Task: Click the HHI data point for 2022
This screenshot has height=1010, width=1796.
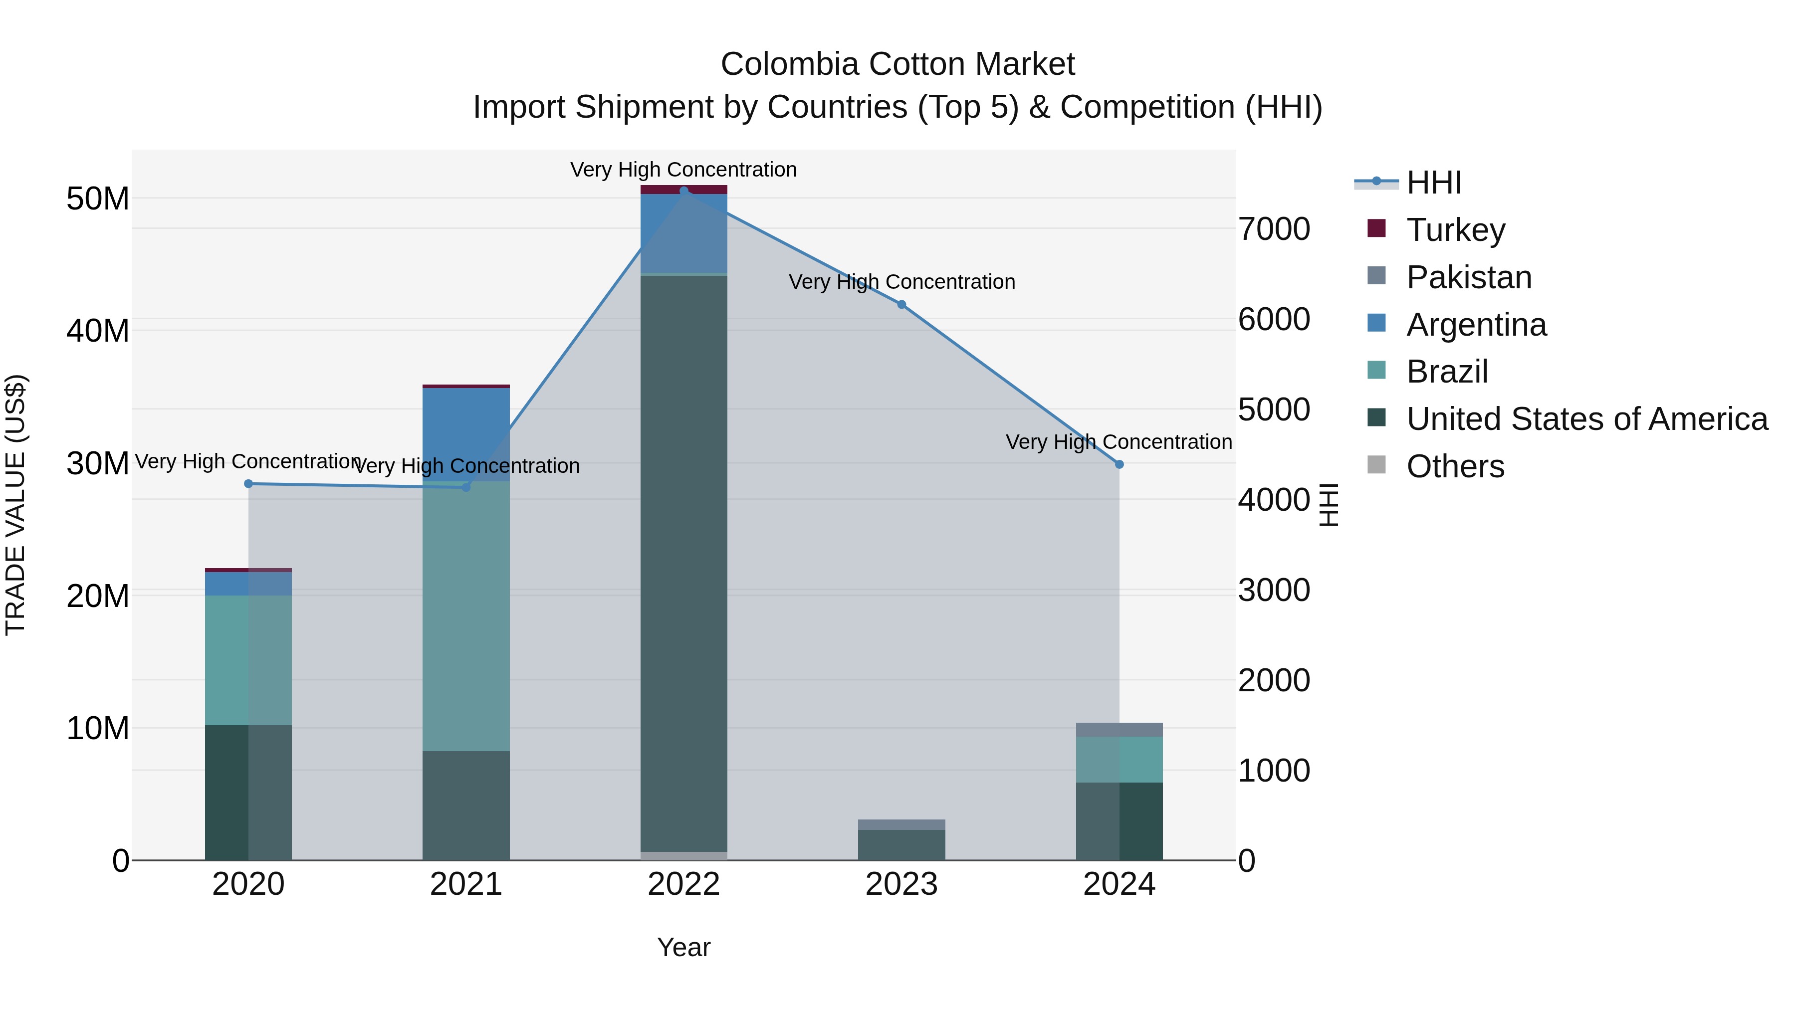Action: [683, 191]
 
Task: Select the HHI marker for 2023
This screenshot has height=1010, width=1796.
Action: [901, 305]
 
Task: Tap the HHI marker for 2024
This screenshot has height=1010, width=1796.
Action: [1119, 464]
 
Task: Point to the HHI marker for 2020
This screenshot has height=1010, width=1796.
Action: [248, 484]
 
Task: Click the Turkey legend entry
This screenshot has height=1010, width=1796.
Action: [1455, 230]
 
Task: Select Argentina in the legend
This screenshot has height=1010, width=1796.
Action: [1476, 325]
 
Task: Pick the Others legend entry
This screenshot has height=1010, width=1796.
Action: [1455, 466]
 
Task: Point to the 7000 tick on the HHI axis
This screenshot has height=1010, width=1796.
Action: [1274, 229]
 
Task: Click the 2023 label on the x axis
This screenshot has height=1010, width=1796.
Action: [901, 884]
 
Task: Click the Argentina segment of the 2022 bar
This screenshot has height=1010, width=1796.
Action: [683, 233]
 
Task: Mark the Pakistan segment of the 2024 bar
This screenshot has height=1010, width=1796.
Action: [1119, 730]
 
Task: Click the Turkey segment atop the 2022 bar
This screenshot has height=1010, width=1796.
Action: [683, 190]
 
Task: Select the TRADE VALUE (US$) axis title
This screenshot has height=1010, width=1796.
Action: [15, 505]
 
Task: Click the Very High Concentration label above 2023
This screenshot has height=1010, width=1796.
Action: [901, 282]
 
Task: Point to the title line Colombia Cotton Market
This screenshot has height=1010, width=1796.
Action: [898, 64]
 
